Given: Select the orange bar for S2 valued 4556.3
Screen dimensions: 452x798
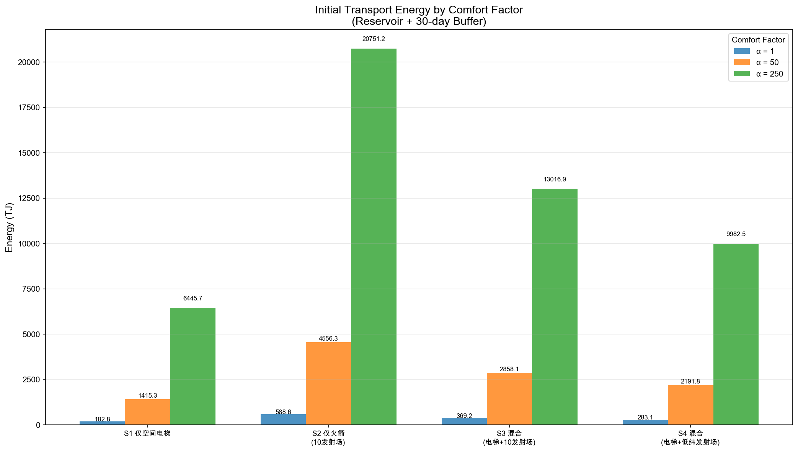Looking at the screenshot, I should pos(328,383).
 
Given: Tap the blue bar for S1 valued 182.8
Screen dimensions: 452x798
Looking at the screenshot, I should pos(102,423).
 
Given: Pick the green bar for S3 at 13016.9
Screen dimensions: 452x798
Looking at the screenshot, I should pos(555,307).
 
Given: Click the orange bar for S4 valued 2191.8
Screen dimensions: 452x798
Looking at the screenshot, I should pos(690,405).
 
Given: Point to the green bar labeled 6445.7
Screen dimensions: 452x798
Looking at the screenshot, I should pos(193,366).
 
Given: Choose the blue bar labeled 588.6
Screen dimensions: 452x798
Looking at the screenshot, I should pos(283,419).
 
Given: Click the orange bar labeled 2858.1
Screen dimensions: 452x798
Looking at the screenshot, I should pos(509,398).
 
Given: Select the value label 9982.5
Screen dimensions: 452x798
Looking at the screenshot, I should pos(736,234).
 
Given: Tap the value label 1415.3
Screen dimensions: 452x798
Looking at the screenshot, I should pos(148,396).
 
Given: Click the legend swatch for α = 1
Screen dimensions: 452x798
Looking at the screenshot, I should pos(741,51).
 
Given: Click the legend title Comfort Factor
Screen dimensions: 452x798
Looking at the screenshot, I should pos(758,40).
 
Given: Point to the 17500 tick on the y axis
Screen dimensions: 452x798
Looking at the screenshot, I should pos(29,108).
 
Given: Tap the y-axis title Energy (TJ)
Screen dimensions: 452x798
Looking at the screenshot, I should pos(10,227).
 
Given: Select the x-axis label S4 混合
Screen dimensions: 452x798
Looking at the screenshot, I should pos(690,434).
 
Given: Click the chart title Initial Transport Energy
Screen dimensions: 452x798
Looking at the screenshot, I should pos(419,10).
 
